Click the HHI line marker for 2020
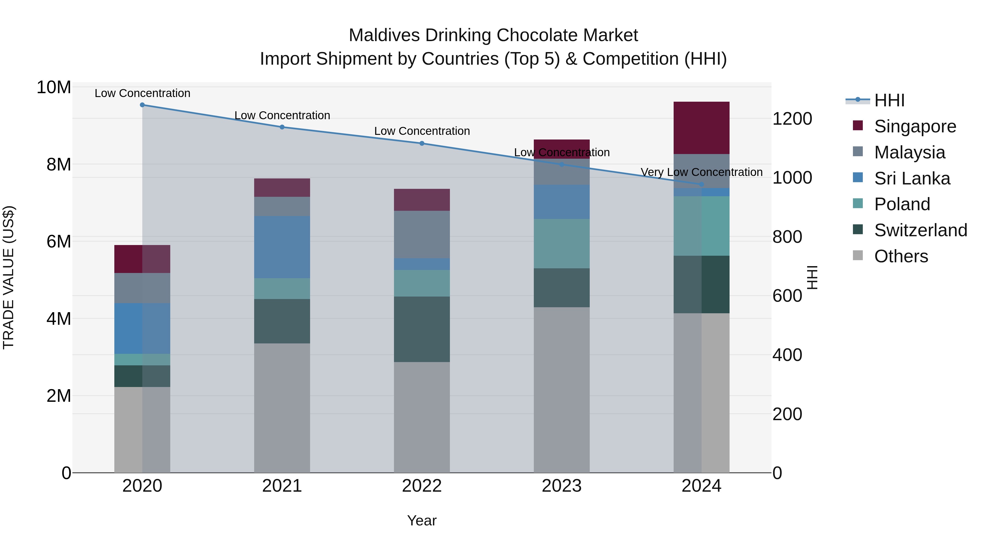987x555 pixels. click(x=142, y=105)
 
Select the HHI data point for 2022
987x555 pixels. click(x=422, y=143)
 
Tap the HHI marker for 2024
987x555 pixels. click(x=702, y=184)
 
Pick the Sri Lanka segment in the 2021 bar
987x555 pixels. click(x=282, y=247)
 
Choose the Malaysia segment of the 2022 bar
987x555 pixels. click(x=422, y=234)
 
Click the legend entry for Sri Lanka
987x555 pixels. click(x=912, y=178)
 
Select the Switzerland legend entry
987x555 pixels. click(x=920, y=230)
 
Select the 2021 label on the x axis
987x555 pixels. click(x=282, y=486)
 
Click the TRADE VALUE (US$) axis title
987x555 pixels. click(x=8, y=277)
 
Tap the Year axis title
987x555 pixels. click(x=422, y=520)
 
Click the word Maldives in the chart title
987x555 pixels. click(x=384, y=35)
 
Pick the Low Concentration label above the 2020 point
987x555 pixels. click(x=142, y=93)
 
